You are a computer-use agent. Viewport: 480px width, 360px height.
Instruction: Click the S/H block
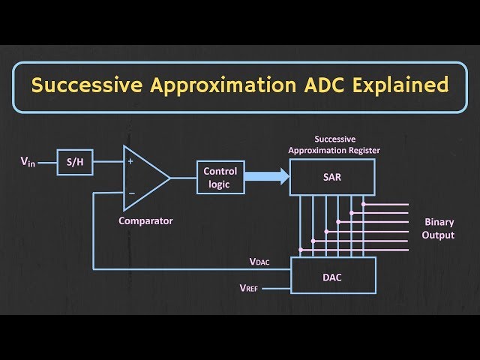pos(75,161)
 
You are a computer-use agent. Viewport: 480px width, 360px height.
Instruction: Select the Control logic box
pos(220,177)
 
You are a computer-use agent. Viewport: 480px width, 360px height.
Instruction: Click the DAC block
pos(333,275)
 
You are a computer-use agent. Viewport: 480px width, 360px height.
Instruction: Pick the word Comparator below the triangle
pos(145,220)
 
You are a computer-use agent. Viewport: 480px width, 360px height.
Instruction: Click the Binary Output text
pos(439,229)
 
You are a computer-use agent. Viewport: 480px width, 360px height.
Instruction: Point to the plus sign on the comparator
pos(131,160)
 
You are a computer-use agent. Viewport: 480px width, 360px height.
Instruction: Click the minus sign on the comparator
pos(131,193)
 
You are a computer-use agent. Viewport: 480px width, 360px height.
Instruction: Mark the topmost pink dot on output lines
pos(363,203)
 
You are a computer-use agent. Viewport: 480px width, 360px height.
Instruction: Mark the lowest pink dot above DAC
pos(301,250)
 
